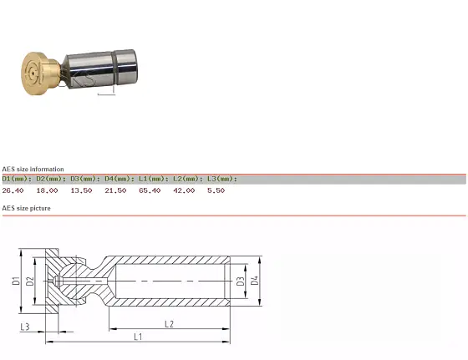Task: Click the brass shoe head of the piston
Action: pos(38,74)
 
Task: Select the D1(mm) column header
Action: pos(17,179)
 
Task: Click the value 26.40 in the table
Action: pos(13,190)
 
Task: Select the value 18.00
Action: pos(47,190)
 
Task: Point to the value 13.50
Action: pos(81,190)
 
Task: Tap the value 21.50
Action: pos(115,190)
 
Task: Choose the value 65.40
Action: pos(150,190)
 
